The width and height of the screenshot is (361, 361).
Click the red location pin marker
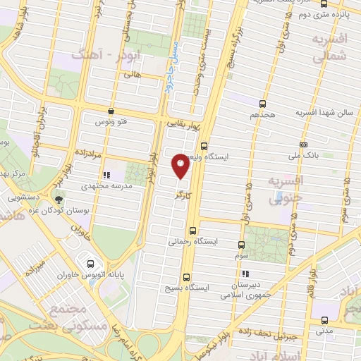[x=180, y=166]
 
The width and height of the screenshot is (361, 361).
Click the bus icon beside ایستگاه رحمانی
[x=193, y=230]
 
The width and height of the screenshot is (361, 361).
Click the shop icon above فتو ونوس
[x=111, y=111]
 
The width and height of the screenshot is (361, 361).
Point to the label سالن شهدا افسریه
[x=324, y=112]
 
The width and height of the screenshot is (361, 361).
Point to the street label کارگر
[x=185, y=192]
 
